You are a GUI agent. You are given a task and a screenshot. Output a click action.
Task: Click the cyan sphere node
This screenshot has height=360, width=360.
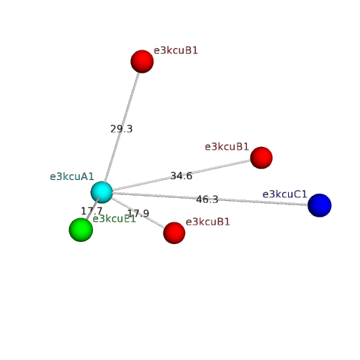(102, 192)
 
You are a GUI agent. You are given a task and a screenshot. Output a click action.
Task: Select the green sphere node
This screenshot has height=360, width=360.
(81, 230)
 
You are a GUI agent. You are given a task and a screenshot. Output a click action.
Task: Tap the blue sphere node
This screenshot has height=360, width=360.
(320, 205)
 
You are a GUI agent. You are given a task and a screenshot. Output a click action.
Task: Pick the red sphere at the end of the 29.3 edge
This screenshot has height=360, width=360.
(142, 61)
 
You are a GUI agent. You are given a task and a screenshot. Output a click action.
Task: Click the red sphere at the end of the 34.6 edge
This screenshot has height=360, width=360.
(261, 158)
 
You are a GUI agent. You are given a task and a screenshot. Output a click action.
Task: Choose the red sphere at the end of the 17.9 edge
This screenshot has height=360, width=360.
(174, 233)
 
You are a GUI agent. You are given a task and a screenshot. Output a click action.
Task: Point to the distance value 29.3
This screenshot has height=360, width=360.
(122, 129)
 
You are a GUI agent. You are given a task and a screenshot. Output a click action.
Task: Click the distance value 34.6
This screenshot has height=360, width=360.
(181, 176)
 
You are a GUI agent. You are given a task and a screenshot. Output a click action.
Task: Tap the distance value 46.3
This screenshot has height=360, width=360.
(207, 199)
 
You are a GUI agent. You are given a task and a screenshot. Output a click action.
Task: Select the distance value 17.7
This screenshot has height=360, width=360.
(91, 211)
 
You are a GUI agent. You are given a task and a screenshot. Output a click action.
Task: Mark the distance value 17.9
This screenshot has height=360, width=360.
(138, 213)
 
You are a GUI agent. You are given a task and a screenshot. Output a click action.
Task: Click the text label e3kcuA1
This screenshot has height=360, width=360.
(72, 176)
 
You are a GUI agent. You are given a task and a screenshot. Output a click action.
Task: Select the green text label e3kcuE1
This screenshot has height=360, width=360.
(114, 219)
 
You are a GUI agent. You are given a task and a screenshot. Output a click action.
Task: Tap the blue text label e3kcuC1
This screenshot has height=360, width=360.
(284, 194)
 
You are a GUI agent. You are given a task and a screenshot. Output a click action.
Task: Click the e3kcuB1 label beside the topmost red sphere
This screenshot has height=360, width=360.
(176, 50)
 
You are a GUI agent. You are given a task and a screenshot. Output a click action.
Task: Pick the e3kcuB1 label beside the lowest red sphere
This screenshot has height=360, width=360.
(208, 222)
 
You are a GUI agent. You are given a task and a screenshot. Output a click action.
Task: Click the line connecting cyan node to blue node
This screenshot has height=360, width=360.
(210, 199)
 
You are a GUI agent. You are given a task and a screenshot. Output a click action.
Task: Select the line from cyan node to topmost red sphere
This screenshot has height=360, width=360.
(122, 127)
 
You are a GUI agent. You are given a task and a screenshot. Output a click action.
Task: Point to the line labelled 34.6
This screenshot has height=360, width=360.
(181, 175)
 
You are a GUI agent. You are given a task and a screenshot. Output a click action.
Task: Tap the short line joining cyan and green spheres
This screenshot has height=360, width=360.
(93, 208)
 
